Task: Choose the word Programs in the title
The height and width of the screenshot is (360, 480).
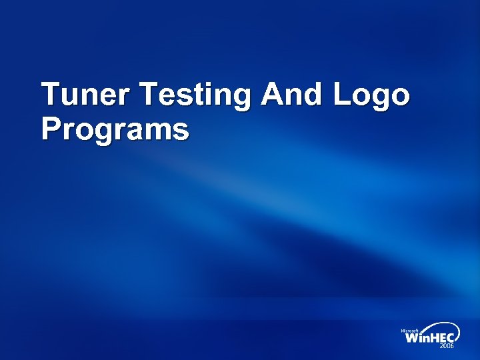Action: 115,129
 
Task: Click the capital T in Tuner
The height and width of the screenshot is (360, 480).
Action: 51,95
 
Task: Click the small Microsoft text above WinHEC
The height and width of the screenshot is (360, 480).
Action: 409,331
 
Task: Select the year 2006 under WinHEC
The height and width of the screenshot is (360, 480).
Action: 447,347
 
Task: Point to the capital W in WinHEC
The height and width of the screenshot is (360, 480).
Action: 413,339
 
